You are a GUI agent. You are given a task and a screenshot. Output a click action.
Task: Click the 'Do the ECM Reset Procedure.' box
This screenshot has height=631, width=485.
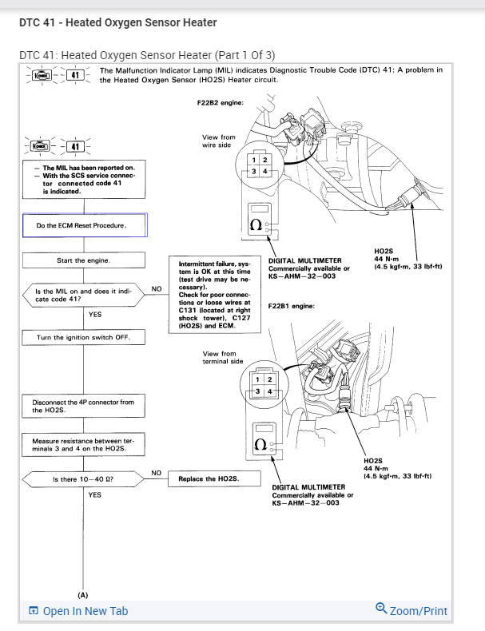click(84, 225)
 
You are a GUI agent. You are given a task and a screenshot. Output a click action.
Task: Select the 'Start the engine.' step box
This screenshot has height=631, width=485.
click(83, 260)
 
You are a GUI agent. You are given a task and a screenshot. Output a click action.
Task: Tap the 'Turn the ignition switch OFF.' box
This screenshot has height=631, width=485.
click(83, 338)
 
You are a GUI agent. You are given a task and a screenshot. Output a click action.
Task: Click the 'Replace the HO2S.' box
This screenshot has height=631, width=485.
click(209, 479)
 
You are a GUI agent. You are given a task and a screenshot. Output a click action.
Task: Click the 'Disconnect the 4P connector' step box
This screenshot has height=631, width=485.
click(83, 406)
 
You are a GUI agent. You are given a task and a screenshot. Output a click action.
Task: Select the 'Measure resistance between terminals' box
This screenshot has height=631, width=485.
click(83, 445)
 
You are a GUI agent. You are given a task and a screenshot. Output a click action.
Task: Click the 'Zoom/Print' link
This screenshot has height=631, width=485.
click(411, 611)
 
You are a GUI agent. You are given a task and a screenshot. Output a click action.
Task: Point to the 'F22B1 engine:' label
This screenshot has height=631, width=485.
click(292, 306)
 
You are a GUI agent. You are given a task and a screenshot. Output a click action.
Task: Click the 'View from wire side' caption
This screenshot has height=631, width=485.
click(219, 141)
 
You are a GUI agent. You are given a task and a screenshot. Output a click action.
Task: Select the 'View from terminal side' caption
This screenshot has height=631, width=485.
click(223, 357)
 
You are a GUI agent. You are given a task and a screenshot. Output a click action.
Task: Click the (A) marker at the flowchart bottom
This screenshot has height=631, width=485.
click(83, 596)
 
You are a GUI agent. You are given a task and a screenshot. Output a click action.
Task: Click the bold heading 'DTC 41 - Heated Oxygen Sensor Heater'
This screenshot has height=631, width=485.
click(117, 22)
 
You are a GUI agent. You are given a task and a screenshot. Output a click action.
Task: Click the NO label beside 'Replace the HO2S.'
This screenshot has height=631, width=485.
click(157, 473)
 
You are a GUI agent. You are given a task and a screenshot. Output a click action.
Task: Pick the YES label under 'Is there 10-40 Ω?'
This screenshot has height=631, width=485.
click(95, 495)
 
